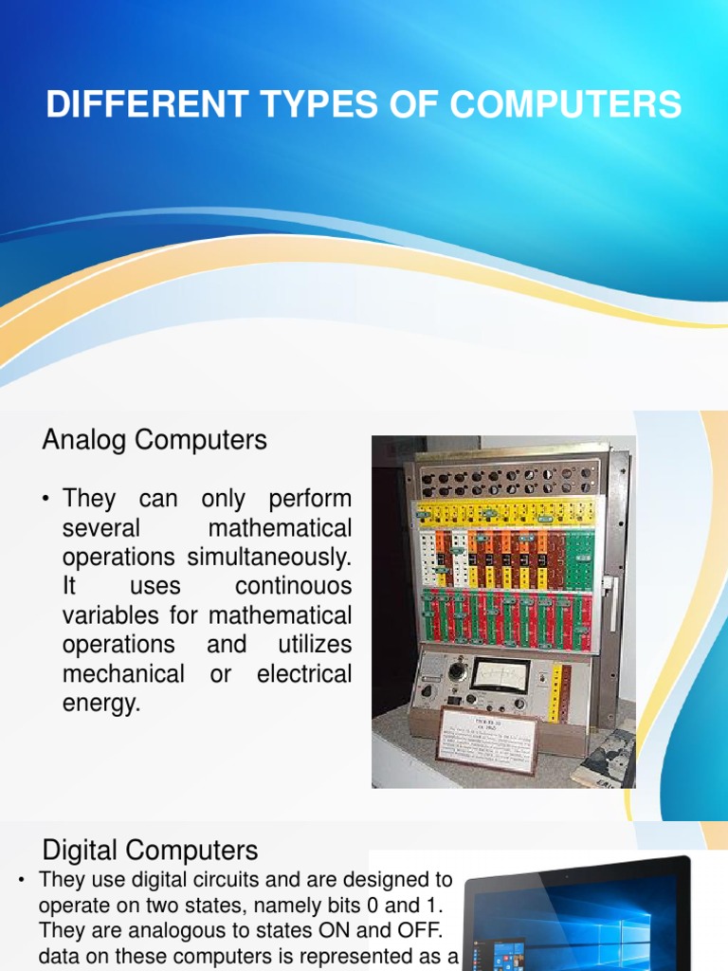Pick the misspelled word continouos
click(293, 586)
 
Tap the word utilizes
click(314, 645)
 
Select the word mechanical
click(123, 674)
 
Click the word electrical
click(303, 674)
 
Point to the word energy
click(100, 704)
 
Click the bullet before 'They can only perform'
click(45, 499)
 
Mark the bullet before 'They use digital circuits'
click(21, 881)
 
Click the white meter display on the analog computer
click(499, 675)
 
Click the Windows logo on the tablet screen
click(627, 925)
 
